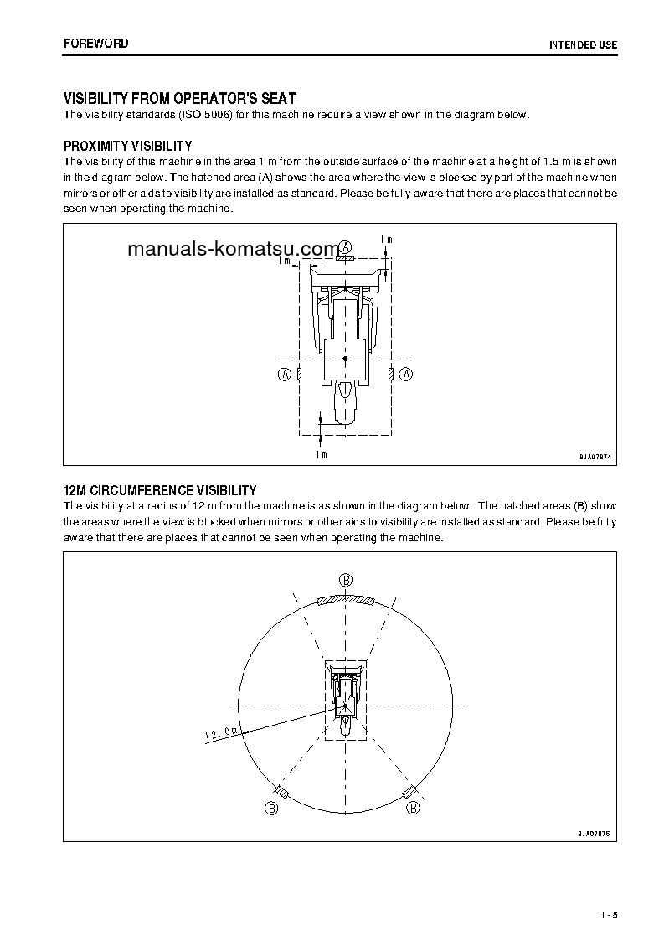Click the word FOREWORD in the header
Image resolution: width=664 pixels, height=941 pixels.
(96, 44)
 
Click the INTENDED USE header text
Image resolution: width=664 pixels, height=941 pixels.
(583, 44)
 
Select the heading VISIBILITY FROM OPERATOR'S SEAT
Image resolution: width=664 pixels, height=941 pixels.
(180, 99)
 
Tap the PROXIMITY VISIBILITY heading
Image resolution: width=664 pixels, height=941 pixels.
(128, 146)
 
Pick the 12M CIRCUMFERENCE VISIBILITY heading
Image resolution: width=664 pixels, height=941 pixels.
(160, 490)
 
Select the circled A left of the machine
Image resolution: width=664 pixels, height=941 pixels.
(285, 374)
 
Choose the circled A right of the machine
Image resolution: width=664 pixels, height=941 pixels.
(406, 374)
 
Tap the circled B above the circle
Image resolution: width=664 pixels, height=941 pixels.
(346, 579)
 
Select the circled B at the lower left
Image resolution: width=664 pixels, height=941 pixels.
(270, 808)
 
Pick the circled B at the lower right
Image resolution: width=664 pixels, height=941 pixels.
(413, 808)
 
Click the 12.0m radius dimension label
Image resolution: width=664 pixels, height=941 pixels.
(221, 734)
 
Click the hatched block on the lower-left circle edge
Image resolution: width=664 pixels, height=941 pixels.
(282, 792)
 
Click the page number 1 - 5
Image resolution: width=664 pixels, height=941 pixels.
(609, 913)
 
